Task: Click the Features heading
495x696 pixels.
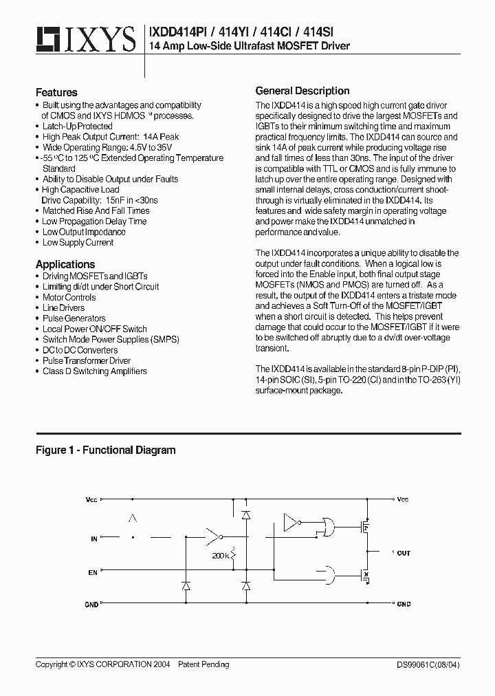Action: point(56,92)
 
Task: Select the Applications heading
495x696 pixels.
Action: point(65,264)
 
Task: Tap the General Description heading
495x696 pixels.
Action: point(302,91)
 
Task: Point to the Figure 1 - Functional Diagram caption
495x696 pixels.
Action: point(105,450)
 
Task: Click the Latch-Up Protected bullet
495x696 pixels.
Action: point(77,127)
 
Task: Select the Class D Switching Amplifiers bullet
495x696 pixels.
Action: point(94,371)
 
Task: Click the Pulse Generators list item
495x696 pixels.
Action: point(74,318)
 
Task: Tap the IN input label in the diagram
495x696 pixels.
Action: point(94,539)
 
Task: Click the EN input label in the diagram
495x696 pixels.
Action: point(93,572)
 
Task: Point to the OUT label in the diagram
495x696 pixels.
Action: point(404,553)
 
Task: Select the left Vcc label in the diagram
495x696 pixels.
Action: point(92,499)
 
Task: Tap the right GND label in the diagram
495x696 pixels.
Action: point(404,604)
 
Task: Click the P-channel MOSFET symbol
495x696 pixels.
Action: point(366,528)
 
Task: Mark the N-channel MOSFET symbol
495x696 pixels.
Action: point(366,574)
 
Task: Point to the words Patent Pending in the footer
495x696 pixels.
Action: point(203,664)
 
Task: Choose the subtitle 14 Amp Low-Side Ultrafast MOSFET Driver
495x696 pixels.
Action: point(249,46)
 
